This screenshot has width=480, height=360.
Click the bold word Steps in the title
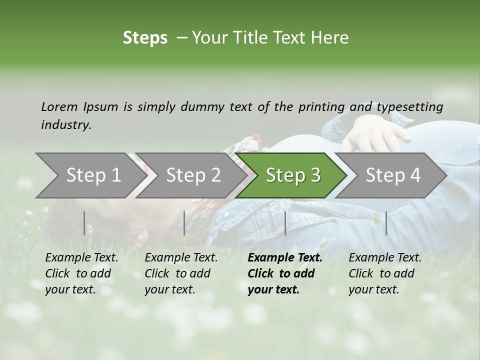(145, 38)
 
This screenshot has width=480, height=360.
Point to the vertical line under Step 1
(84, 223)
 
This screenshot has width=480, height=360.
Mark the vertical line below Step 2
(184, 223)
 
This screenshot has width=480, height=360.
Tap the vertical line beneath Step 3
(285, 223)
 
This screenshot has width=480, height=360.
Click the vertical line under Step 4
(386, 223)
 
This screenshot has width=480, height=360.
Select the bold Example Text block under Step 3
(285, 273)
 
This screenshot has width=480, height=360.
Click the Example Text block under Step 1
(81, 273)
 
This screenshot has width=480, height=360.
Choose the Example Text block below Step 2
(181, 273)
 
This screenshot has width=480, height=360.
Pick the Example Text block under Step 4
(385, 273)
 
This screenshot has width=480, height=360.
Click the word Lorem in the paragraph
(59, 107)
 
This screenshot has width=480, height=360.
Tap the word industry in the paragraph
(65, 125)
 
